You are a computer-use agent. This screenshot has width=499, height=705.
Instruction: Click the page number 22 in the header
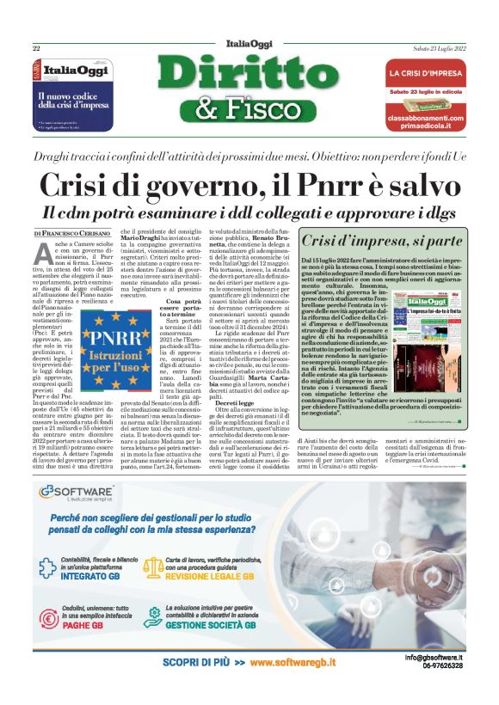click(37, 47)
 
